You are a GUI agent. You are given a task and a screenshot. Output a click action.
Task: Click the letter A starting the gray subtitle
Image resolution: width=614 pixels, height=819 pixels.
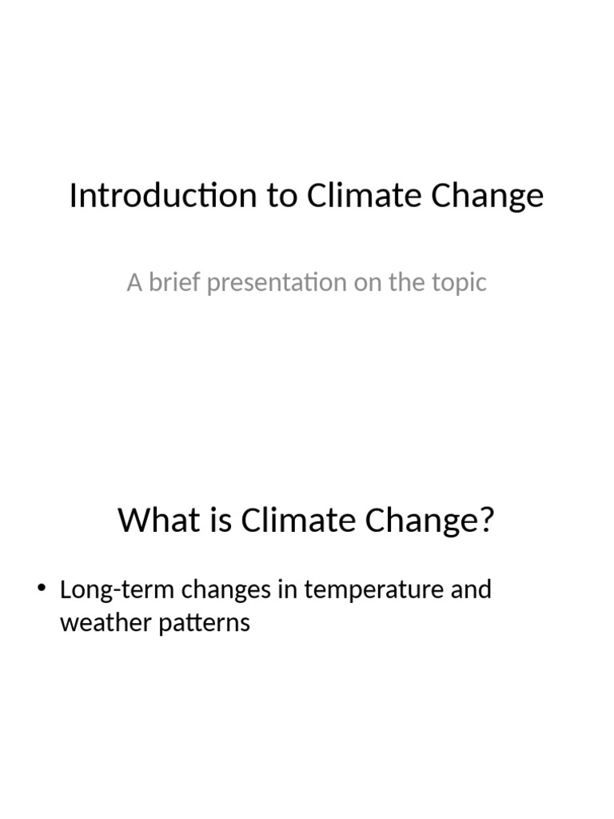point(134,282)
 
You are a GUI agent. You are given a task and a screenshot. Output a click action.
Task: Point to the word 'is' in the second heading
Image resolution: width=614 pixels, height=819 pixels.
point(213,521)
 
